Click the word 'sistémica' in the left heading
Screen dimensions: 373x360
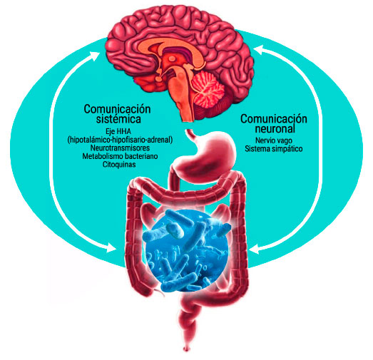(118, 119)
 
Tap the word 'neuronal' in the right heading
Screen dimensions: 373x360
(275, 128)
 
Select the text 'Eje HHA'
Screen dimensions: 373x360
(118, 131)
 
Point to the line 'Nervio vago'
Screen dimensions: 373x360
(274, 140)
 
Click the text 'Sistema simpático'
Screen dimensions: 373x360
(274, 149)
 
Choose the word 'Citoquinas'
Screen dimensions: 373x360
(119, 164)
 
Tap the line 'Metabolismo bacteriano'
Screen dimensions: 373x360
(120, 156)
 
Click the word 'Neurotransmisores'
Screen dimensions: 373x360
(120, 148)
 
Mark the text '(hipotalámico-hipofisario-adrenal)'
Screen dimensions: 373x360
(120, 140)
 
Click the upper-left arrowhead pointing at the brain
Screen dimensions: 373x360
(96, 56)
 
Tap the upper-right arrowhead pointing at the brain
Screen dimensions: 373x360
(259, 49)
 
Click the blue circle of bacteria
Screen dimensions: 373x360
(187, 251)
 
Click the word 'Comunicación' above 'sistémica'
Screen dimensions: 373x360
(117, 109)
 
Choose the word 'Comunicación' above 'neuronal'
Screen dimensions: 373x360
(274, 119)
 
